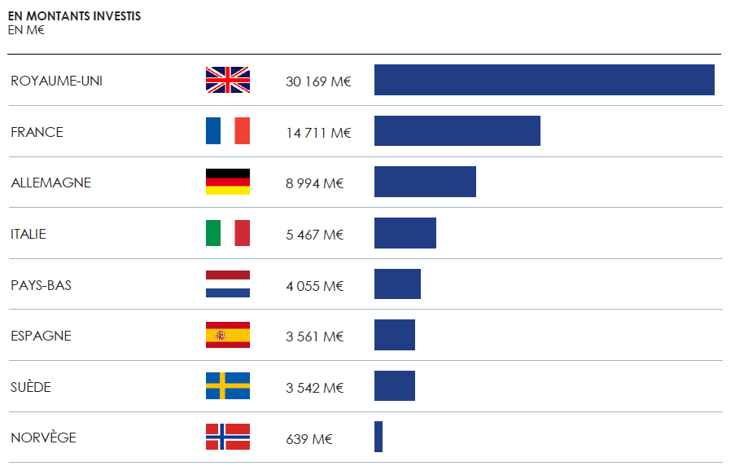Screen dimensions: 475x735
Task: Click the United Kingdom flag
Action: (x=228, y=80)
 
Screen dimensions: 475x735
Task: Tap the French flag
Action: (x=228, y=131)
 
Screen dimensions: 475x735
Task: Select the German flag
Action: (x=228, y=182)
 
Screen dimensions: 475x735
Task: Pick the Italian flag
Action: (x=228, y=233)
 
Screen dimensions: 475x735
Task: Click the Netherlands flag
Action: (x=228, y=284)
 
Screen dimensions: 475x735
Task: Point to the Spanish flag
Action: (x=228, y=335)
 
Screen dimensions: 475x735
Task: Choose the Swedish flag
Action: (x=228, y=386)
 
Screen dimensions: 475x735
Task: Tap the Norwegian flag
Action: (x=228, y=437)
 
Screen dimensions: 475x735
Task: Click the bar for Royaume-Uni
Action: (x=544, y=80)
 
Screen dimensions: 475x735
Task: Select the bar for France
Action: (x=457, y=131)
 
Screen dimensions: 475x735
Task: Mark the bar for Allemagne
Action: (x=425, y=182)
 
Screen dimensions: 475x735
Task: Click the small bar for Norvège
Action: (x=378, y=437)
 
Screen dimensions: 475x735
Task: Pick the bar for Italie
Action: (x=405, y=233)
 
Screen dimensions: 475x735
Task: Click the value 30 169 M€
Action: (x=318, y=81)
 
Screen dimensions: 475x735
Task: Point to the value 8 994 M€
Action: (x=315, y=183)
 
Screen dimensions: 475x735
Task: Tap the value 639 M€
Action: (x=309, y=438)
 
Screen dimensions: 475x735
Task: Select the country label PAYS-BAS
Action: (x=41, y=285)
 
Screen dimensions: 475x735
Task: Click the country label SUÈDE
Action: (x=31, y=387)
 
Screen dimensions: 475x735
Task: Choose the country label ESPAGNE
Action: (x=41, y=336)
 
